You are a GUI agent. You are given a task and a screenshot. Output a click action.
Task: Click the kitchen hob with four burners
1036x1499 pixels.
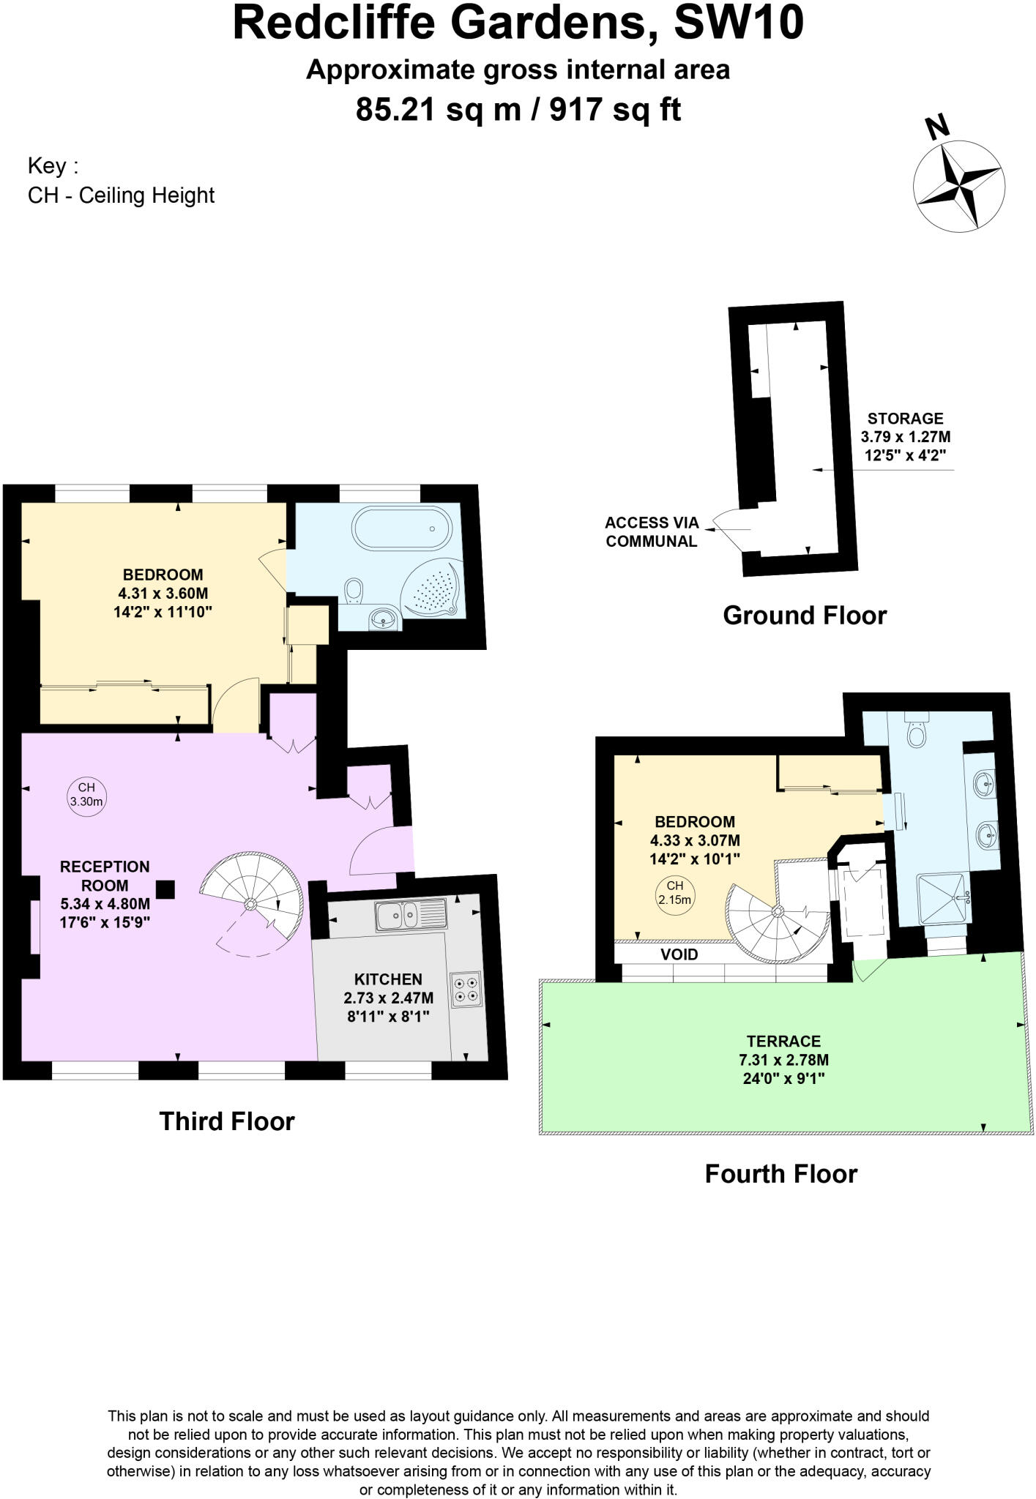point(466,990)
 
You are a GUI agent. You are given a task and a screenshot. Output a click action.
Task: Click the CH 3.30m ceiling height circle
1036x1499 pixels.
point(86,794)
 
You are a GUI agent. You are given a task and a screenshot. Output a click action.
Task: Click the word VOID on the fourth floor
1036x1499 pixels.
point(679,954)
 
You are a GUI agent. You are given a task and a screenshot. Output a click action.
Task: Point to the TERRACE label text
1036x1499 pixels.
point(783,1041)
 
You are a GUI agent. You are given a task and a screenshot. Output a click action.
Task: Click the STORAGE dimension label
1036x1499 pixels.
point(905,438)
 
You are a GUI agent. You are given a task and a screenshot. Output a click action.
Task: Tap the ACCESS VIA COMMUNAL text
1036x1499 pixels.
point(651,532)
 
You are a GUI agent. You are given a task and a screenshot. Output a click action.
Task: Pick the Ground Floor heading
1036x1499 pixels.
point(804,616)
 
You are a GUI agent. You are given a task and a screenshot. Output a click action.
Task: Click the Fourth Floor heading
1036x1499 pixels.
point(780,1174)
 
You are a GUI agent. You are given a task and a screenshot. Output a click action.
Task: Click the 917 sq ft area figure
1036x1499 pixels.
point(615,111)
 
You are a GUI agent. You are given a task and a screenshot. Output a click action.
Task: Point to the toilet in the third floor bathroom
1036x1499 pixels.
point(354,591)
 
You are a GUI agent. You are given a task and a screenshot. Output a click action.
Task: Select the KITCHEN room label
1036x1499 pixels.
point(388,979)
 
